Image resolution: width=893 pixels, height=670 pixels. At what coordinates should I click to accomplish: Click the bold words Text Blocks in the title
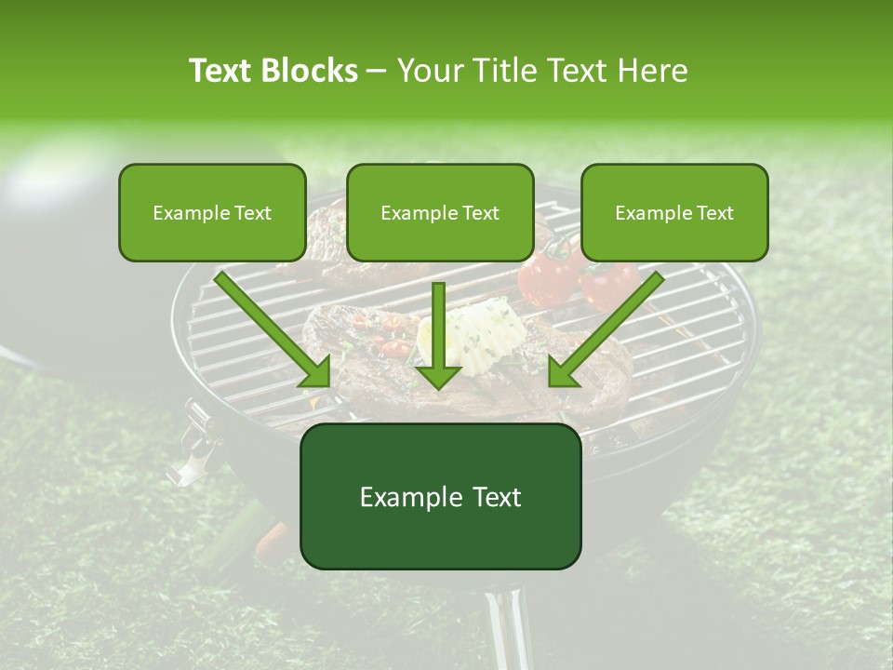(x=273, y=71)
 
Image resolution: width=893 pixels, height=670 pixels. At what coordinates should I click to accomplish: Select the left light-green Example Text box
(x=212, y=212)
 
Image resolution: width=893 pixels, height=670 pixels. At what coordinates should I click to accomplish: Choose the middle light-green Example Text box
(x=440, y=212)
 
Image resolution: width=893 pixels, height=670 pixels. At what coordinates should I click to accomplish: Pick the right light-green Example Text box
(x=674, y=212)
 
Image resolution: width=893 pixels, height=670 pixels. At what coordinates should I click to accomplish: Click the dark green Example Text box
(x=440, y=496)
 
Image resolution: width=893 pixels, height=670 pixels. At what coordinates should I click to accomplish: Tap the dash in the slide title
(x=377, y=71)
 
